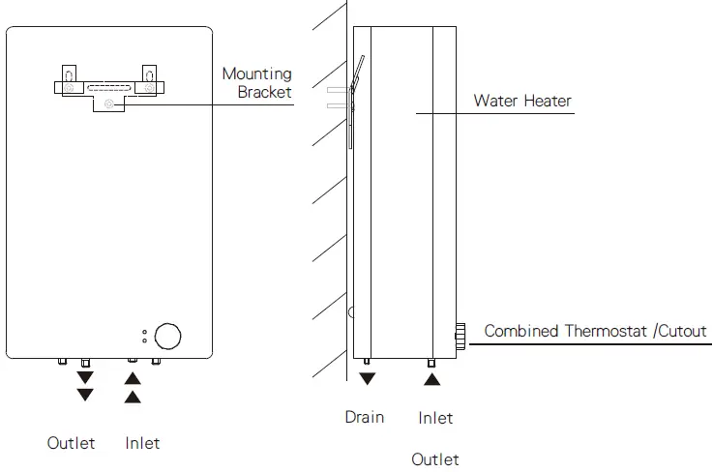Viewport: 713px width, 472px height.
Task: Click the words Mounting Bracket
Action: coord(256,82)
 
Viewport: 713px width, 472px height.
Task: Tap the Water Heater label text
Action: coord(521,101)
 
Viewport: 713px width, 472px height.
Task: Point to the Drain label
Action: coord(365,417)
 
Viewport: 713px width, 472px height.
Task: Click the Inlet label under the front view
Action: coord(142,443)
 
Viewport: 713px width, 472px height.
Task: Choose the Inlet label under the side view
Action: coord(435,418)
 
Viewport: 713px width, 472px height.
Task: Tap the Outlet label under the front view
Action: coord(72,443)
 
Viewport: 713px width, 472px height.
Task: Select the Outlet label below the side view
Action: coord(435,459)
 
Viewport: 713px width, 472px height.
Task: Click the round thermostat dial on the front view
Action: coord(167,336)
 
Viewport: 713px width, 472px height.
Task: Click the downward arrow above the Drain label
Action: coord(367,378)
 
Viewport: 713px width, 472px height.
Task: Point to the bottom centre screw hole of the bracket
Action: coord(108,103)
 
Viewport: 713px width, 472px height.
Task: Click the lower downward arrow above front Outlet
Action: coord(86,395)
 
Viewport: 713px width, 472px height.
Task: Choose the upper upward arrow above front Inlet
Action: coord(134,377)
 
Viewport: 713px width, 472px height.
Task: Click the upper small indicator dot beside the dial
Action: coord(145,332)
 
